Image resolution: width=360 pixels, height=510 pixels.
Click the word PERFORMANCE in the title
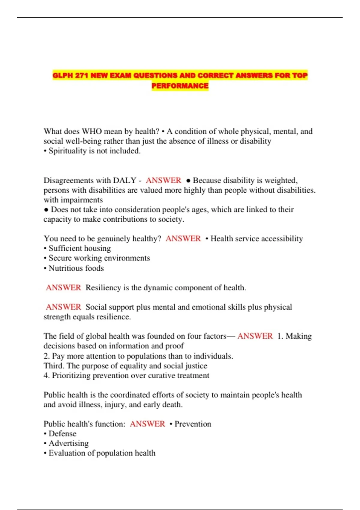(x=180, y=86)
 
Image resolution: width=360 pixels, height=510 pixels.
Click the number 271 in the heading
(x=81, y=75)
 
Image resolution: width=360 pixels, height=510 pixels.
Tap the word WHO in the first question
(x=91, y=131)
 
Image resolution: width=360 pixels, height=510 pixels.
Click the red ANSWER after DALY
(x=163, y=180)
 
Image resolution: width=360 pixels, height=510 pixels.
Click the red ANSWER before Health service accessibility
(x=183, y=238)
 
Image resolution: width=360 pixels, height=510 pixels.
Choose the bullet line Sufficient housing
(x=79, y=248)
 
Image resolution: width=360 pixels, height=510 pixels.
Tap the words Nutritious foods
(x=76, y=268)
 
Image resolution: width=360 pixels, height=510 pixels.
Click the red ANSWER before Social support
(x=63, y=307)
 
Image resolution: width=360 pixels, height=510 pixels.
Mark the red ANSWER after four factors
(x=255, y=336)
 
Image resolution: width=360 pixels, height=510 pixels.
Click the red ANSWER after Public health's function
(x=147, y=424)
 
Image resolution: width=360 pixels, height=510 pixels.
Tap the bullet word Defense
(x=62, y=433)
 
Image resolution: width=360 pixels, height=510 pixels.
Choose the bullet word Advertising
(x=68, y=443)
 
